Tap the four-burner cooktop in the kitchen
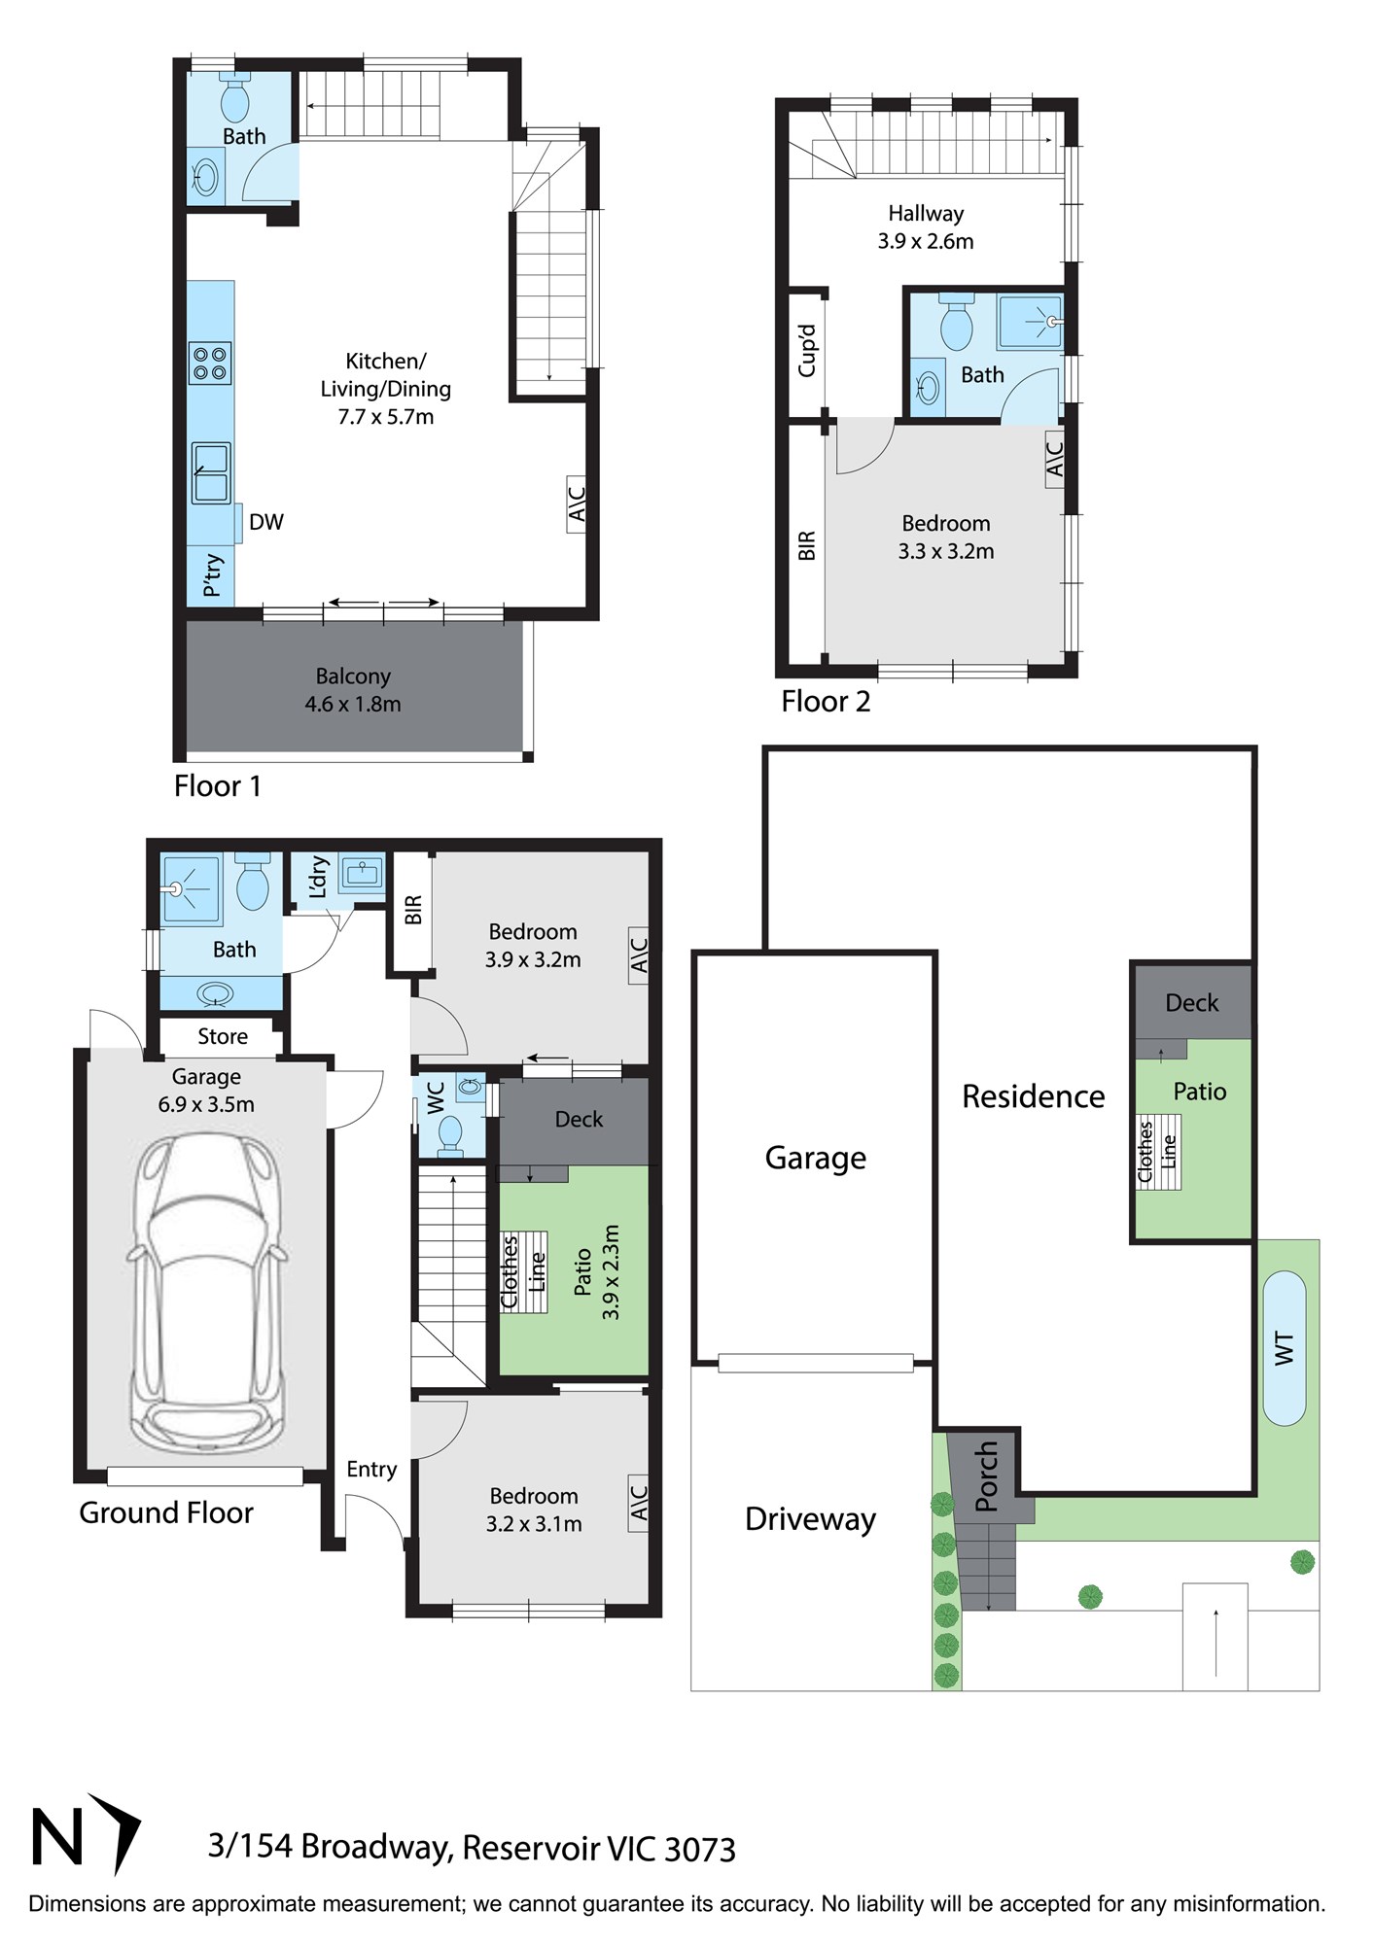tap(210, 364)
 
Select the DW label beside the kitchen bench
tap(266, 522)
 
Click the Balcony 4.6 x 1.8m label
tap(353, 690)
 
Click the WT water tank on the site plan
tap(1285, 1348)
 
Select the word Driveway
tap(810, 1518)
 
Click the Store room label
tap(223, 1036)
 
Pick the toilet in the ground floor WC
tap(450, 1134)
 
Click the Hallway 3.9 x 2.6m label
tap(926, 227)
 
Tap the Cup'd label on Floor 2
tap(807, 350)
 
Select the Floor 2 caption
tap(826, 701)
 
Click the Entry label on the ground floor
tap(371, 1469)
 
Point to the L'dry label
tap(318, 878)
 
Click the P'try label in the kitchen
tap(213, 575)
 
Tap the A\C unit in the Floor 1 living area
tap(577, 504)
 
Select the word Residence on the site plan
tap(1034, 1096)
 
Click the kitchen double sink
tap(210, 473)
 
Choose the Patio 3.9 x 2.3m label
tap(596, 1271)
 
